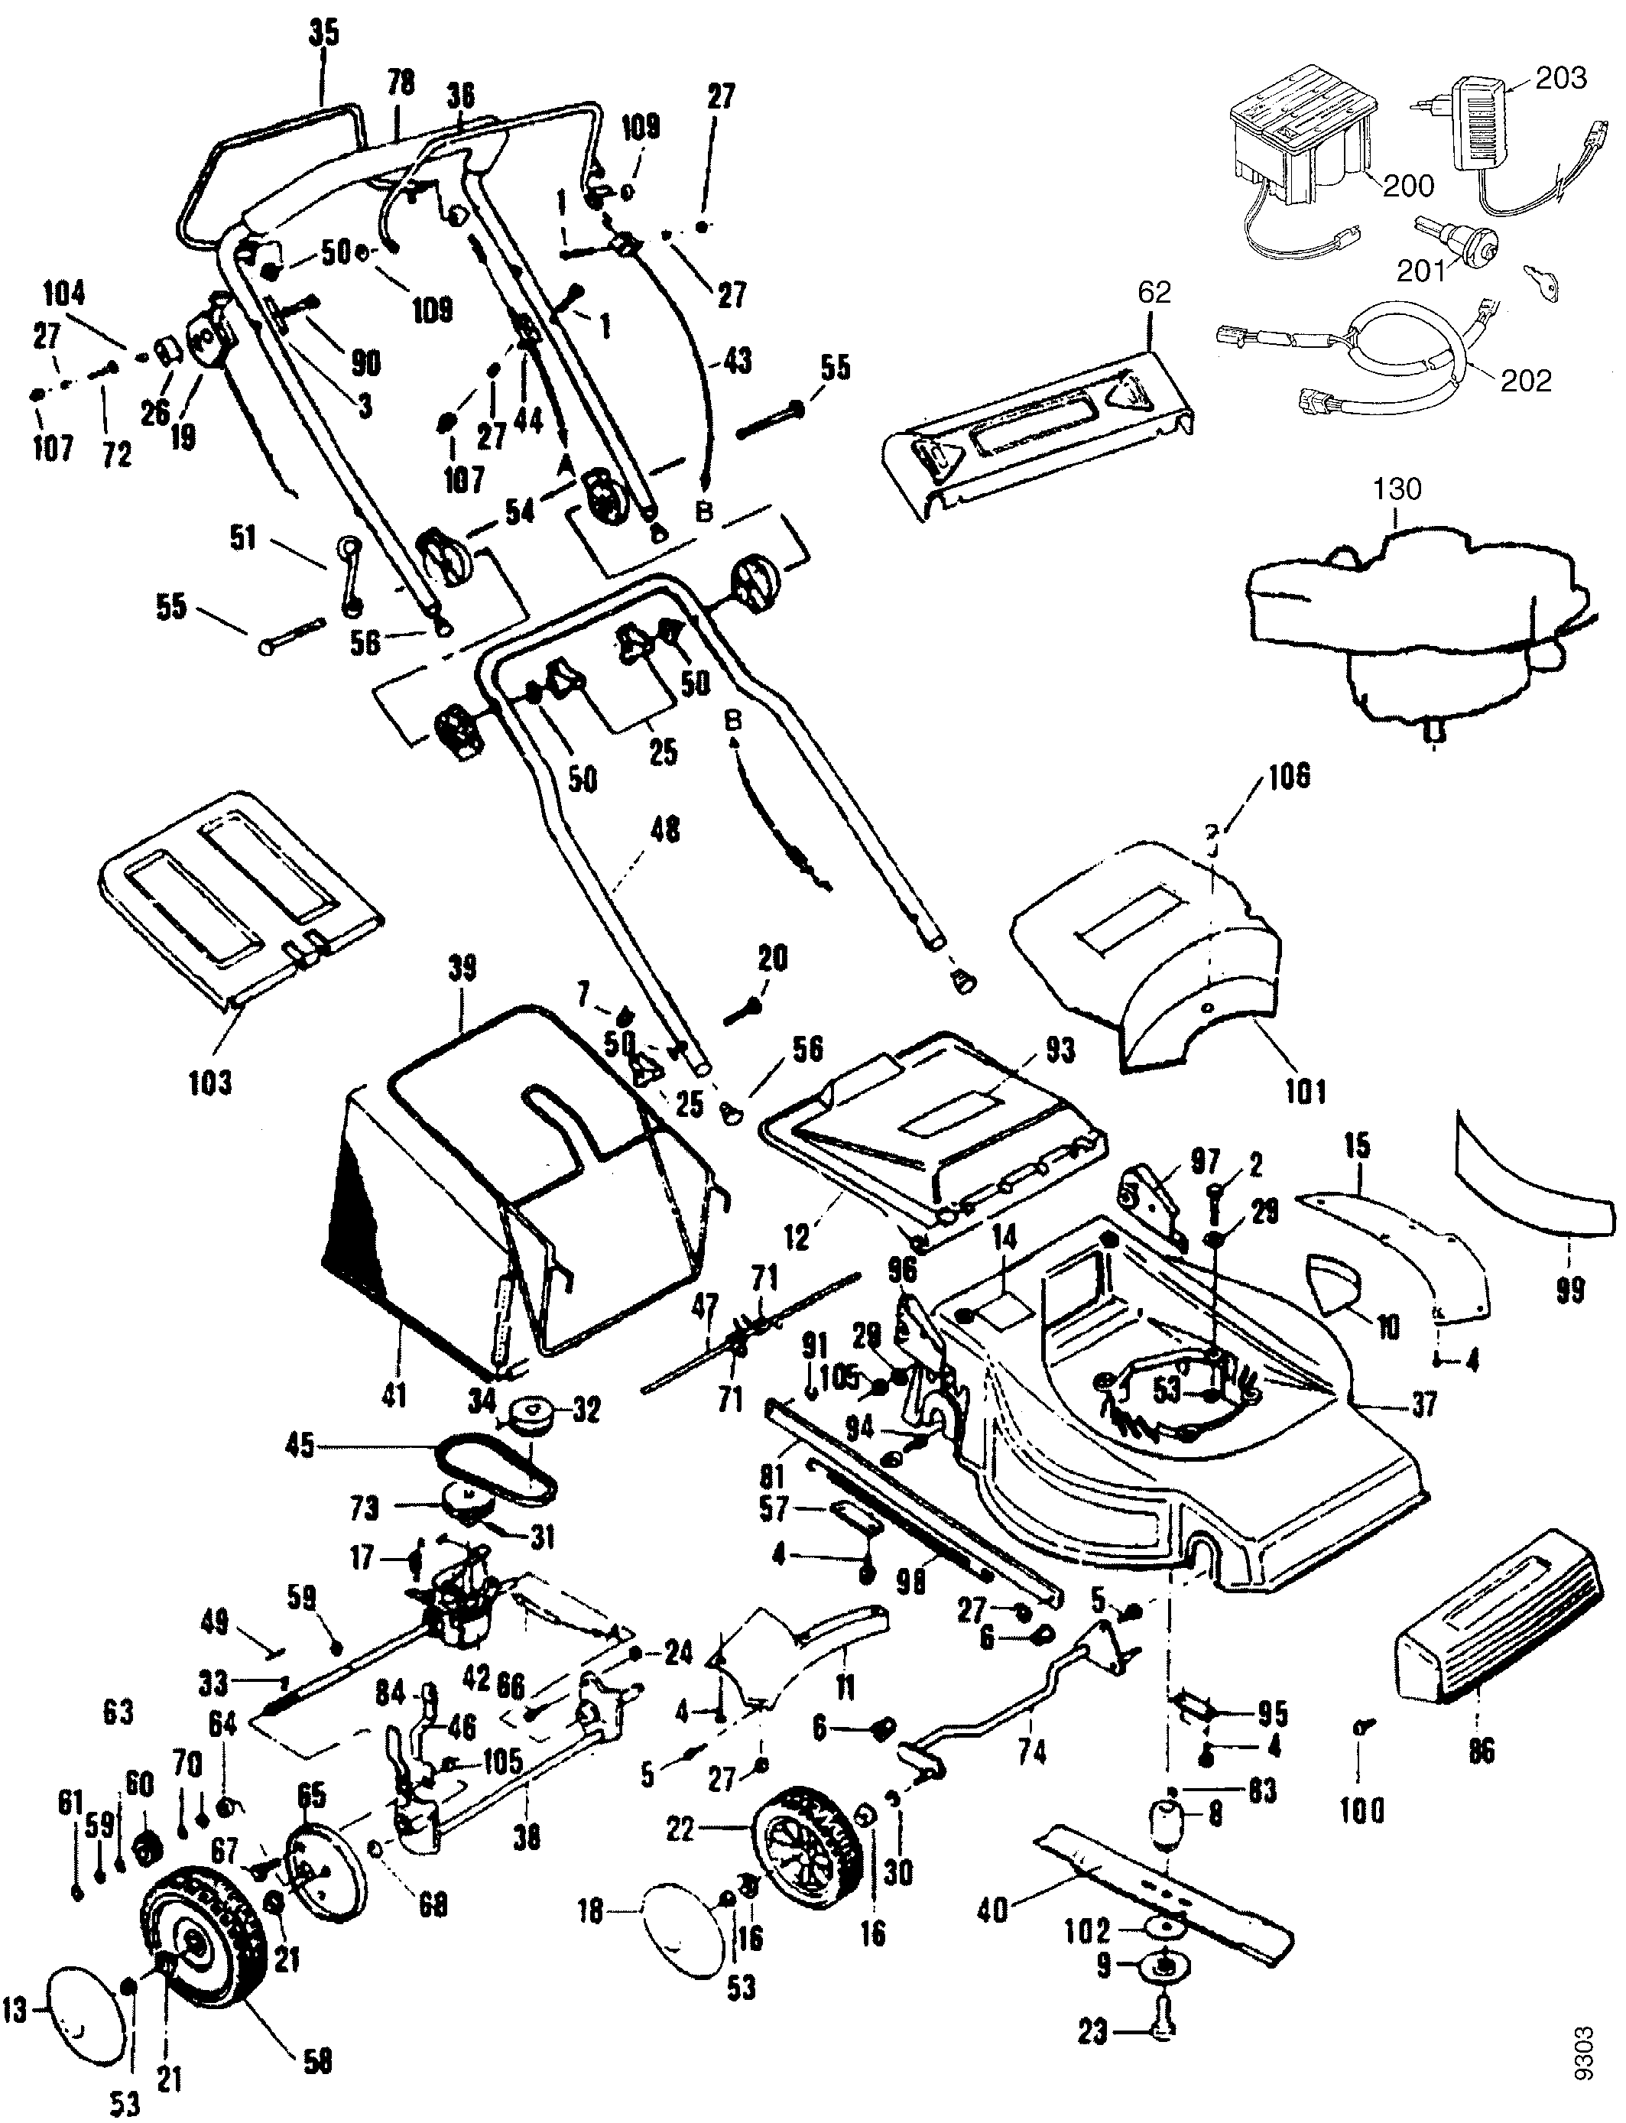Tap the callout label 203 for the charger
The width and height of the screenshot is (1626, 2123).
(x=1560, y=77)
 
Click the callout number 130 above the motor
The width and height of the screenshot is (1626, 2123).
(x=1397, y=489)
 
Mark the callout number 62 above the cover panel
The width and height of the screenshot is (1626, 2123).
(x=1154, y=292)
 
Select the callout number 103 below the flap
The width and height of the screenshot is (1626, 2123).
(x=210, y=1081)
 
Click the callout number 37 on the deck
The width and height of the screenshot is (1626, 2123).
(x=1423, y=1403)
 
